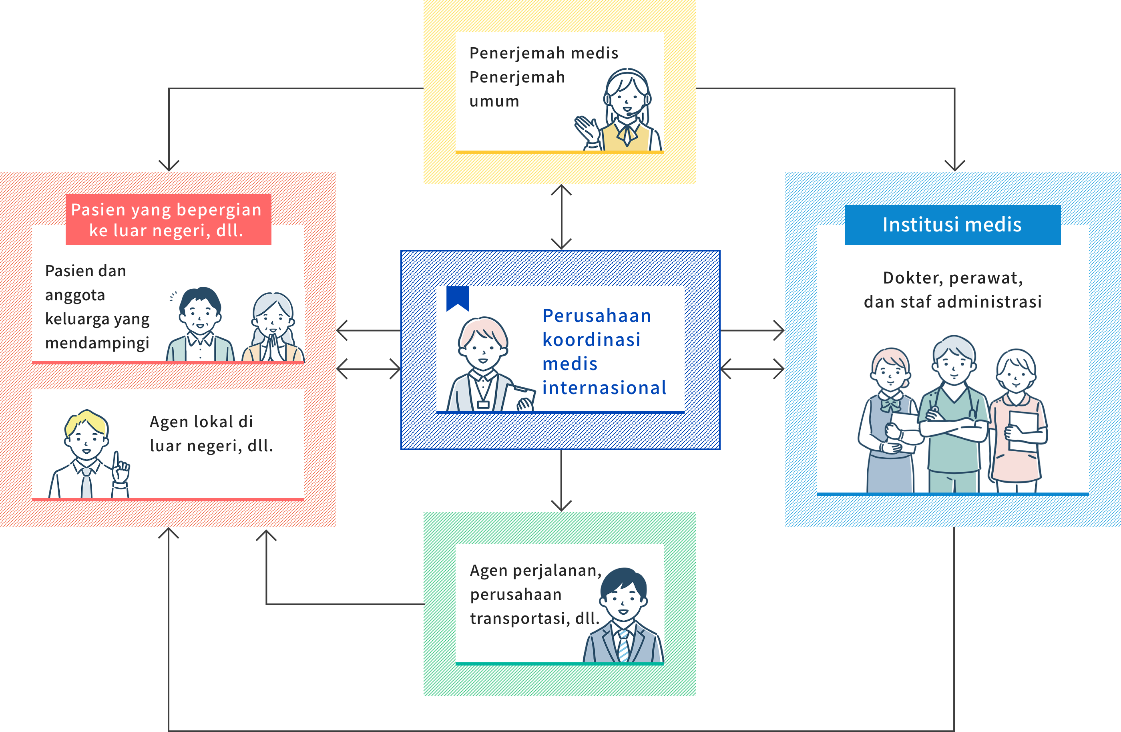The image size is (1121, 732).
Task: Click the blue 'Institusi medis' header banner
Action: click(x=952, y=225)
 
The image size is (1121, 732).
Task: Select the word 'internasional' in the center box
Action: click(x=604, y=388)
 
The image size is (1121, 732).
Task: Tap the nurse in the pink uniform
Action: click(x=1017, y=419)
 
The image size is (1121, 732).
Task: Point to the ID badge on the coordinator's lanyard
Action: click(x=483, y=404)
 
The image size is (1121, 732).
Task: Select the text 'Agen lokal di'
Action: click(x=201, y=422)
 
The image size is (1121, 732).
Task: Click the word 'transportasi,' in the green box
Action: click(x=520, y=618)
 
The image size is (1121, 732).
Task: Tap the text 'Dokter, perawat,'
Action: click(x=952, y=278)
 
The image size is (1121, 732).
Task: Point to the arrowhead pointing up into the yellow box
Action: click(x=561, y=190)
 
